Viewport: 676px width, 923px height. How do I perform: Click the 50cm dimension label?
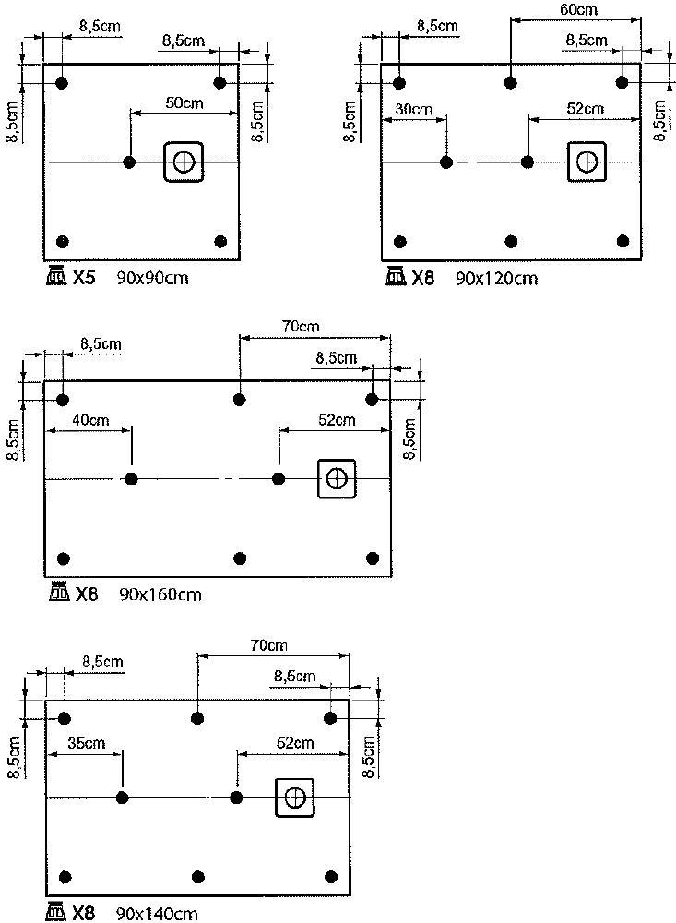coord(184,103)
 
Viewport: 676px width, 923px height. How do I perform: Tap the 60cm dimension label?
coord(578,9)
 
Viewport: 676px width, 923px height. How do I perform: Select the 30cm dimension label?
coord(413,110)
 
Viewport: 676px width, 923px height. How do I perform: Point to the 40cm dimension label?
coord(90,420)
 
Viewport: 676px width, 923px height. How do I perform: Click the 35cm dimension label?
coord(87,743)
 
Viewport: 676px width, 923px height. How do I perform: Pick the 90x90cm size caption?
coord(152,278)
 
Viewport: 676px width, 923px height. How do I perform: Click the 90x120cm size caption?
coord(496,279)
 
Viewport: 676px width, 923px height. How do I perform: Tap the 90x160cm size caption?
coord(160,594)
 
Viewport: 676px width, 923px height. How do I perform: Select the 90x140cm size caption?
coord(157,914)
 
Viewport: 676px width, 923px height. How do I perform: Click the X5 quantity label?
coord(84,278)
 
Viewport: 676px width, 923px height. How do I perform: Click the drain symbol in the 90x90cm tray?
coord(184,162)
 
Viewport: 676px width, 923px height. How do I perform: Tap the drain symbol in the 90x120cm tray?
coord(587,162)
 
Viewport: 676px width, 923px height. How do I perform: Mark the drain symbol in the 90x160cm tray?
coord(337,478)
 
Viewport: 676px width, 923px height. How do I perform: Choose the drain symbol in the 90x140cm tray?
coord(295,797)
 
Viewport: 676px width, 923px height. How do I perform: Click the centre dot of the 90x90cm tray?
coord(129,162)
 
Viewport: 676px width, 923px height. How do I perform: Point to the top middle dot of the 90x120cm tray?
coord(511,82)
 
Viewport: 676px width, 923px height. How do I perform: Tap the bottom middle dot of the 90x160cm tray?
coord(240,558)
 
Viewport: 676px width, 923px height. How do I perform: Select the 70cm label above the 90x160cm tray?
coord(301,326)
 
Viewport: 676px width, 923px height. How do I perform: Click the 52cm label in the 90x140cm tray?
coord(295,743)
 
